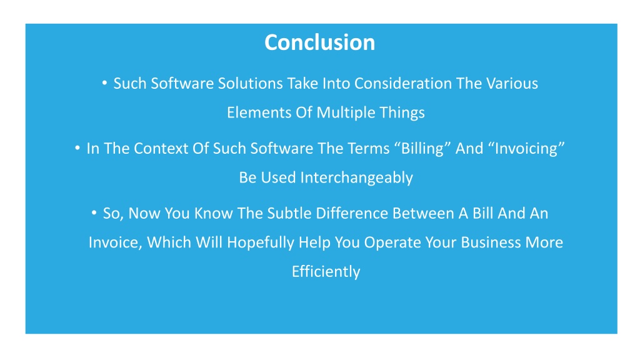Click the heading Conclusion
tap(319, 42)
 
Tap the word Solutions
tap(250, 83)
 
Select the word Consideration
tap(403, 83)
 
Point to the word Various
tap(512, 83)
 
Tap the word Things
tap(402, 113)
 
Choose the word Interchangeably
tap(356, 178)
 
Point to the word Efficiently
tap(326, 272)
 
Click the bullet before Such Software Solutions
tap(104, 83)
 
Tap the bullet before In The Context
tap(77, 147)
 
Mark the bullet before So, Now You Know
tap(94, 212)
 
